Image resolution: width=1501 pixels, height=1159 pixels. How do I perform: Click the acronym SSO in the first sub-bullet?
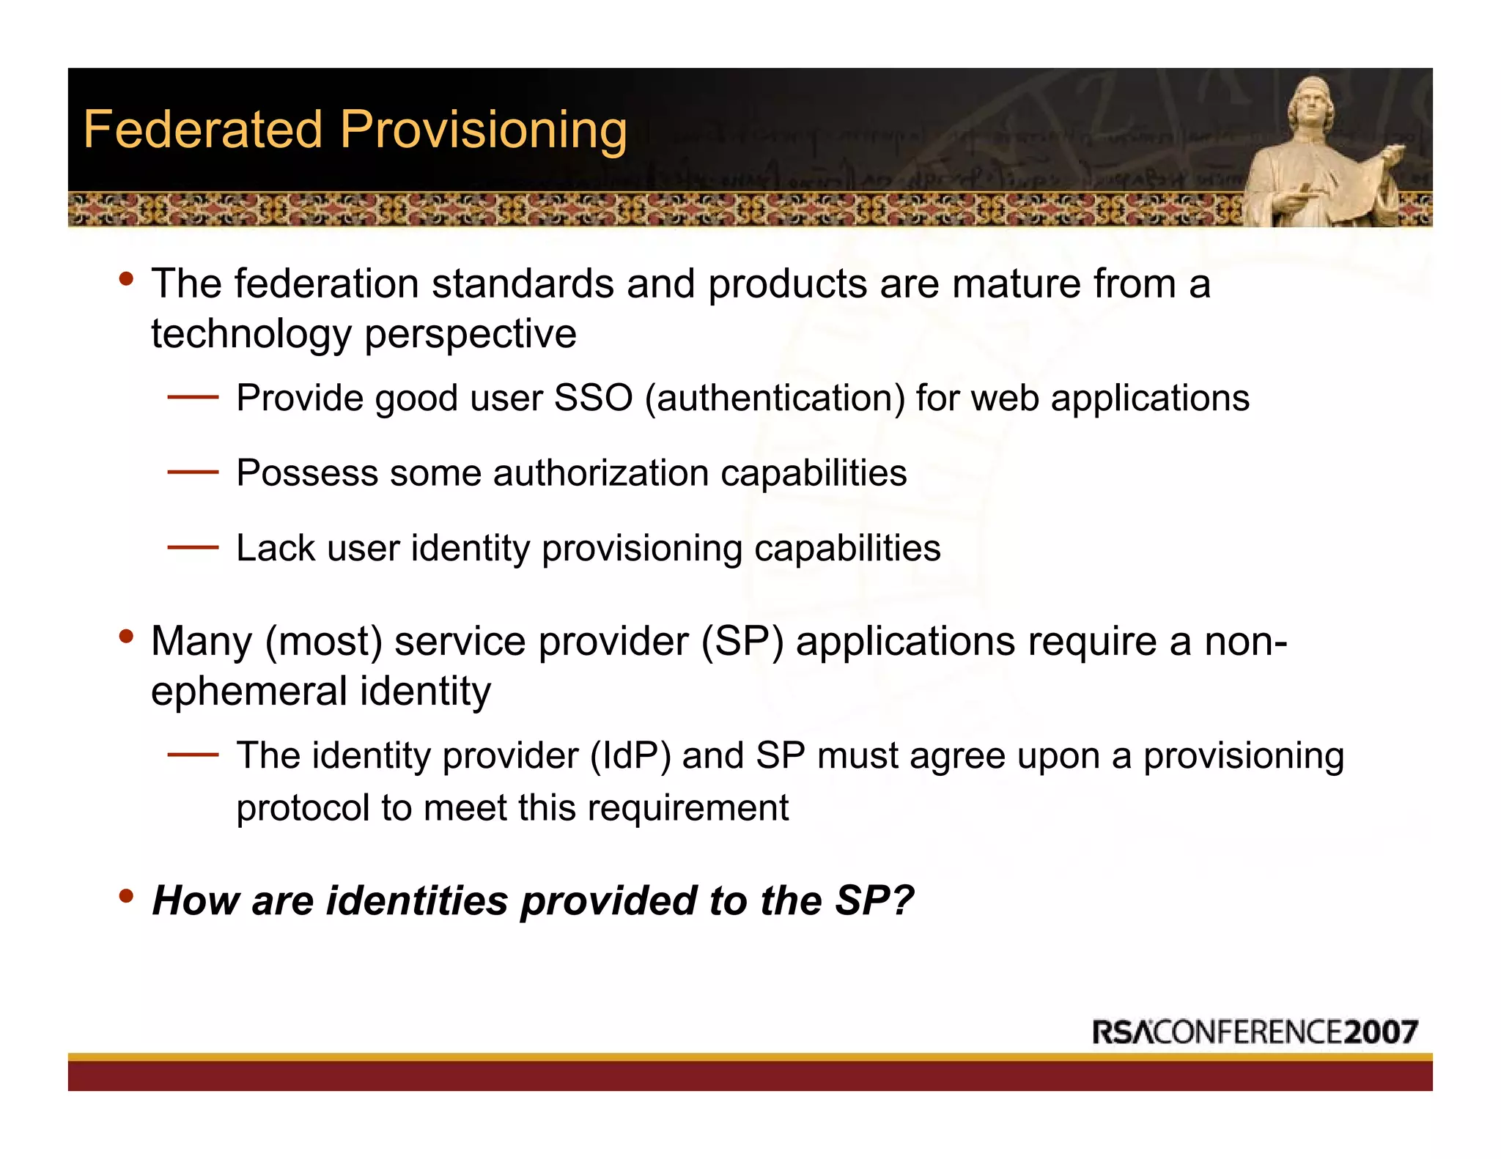[x=593, y=399]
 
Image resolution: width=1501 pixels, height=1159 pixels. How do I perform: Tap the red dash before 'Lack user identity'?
[x=193, y=547]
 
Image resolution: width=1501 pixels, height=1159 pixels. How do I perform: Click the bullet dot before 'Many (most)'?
[x=126, y=635]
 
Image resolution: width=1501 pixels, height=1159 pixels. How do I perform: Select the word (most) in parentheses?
[x=324, y=643]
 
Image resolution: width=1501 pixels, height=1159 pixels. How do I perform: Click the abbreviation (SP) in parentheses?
[x=742, y=643]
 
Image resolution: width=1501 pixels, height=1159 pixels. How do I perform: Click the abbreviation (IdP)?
[x=630, y=756]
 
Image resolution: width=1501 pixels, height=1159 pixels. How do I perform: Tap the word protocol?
[x=302, y=808]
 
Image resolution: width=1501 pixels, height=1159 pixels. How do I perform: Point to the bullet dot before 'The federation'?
[x=126, y=278]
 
